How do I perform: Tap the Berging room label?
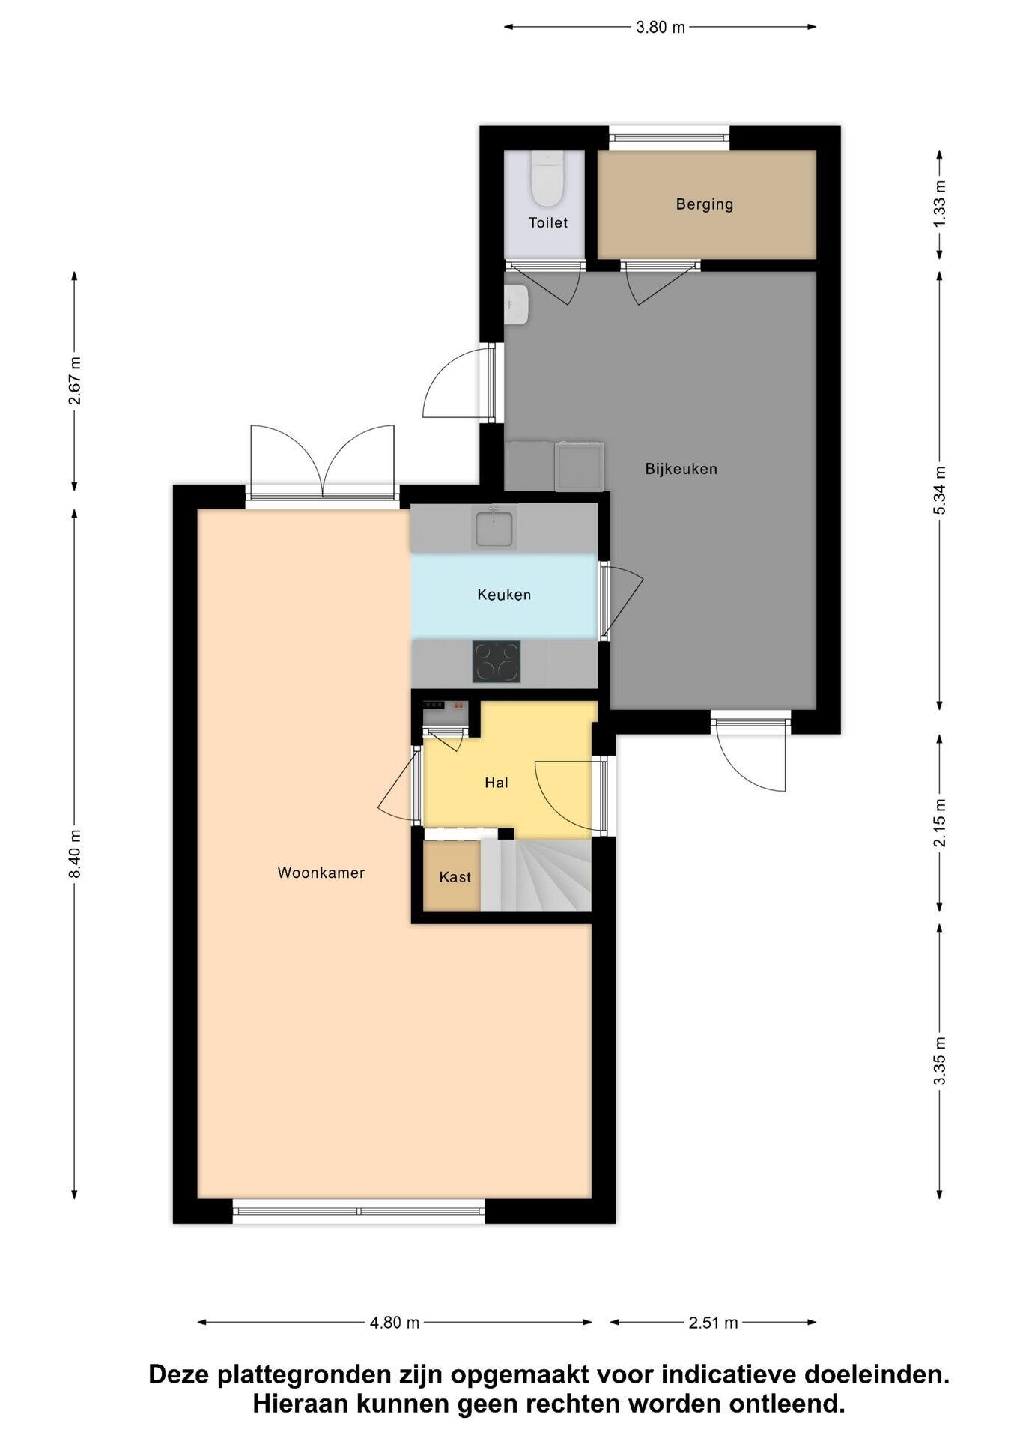[705, 204]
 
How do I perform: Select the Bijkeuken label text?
[681, 469]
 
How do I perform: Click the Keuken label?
[504, 595]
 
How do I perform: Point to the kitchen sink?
[494, 527]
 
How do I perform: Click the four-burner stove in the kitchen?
[497, 661]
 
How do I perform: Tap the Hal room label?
[497, 783]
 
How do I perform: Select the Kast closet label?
[455, 877]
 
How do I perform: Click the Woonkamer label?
[321, 873]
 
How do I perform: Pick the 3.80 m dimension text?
[661, 28]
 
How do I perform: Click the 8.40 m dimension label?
[75, 855]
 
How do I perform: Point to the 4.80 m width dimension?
[395, 1323]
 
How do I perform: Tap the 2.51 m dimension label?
[714, 1323]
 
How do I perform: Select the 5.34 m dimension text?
[941, 490]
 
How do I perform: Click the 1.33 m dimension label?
[941, 204]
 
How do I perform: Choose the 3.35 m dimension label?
[941, 1061]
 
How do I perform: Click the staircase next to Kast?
[536, 876]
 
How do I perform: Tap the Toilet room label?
[548, 223]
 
